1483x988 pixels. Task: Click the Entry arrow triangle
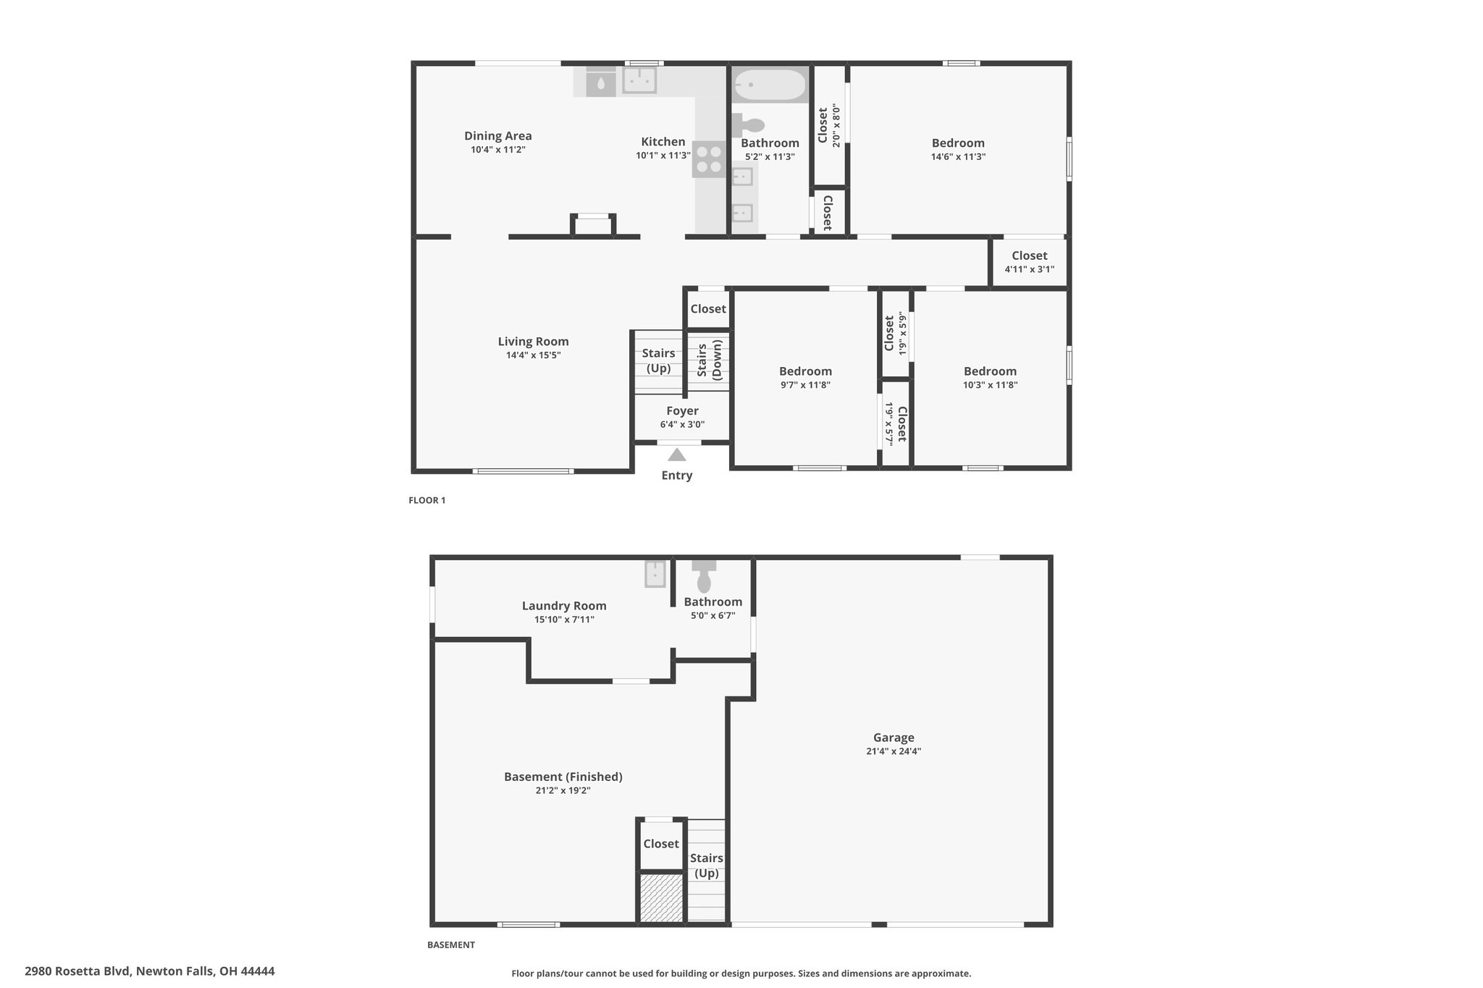pyautogui.click(x=676, y=455)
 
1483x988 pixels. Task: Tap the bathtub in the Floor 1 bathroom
pyautogui.click(x=769, y=85)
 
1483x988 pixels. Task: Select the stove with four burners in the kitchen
pyautogui.click(x=709, y=159)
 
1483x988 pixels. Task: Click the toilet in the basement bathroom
pyautogui.click(x=704, y=575)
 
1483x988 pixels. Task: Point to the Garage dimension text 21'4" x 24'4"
pyautogui.click(x=893, y=751)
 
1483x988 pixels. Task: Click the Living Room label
pyautogui.click(x=533, y=342)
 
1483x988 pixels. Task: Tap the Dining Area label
pyautogui.click(x=498, y=136)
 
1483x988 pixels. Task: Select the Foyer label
pyautogui.click(x=682, y=411)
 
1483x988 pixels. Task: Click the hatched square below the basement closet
pyautogui.click(x=661, y=898)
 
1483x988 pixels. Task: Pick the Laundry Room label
pyautogui.click(x=564, y=606)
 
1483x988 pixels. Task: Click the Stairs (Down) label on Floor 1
pyautogui.click(x=709, y=360)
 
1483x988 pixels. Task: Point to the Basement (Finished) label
pyautogui.click(x=563, y=777)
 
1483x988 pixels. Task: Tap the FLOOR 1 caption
pyautogui.click(x=427, y=500)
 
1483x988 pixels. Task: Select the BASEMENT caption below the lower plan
pyautogui.click(x=451, y=945)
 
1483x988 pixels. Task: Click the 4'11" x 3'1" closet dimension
pyautogui.click(x=1029, y=269)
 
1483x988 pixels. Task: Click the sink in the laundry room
pyautogui.click(x=655, y=574)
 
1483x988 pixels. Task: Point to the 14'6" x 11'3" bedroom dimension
pyautogui.click(x=958, y=156)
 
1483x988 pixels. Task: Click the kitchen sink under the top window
pyautogui.click(x=639, y=80)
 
